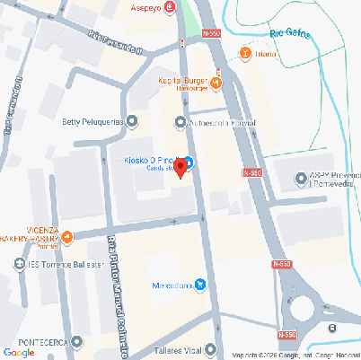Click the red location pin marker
pos(180,167)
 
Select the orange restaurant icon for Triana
pos(245,53)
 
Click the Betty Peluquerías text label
pos(92,121)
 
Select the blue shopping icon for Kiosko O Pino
pos(189,161)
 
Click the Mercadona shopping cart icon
pos(200,285)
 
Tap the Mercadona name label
pos(168,286)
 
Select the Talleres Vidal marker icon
pos(210,348)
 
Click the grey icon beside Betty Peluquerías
pos(133,121)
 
